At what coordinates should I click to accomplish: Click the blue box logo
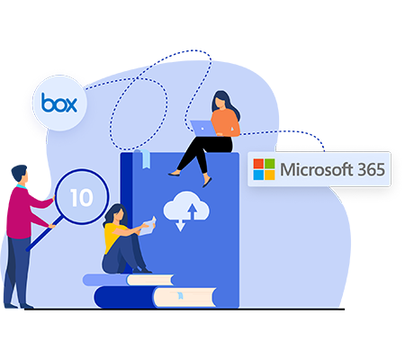coord(59,103)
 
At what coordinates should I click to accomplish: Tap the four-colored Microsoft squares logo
coord(264,169)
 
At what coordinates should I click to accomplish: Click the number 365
coord(371,169)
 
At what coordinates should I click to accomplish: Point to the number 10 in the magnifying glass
coord(82,198)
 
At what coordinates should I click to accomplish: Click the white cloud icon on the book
coord(186,207)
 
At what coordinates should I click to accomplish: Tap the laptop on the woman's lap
coord(203,128)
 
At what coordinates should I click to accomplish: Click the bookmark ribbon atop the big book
coord(146,158)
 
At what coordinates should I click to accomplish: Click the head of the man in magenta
coord(20,174)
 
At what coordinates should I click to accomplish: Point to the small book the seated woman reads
coord(148,226)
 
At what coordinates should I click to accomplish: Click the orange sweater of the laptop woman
coord(225,122)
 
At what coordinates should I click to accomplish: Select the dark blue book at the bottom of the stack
coord(156,297)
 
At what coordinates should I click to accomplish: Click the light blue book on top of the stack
coord(129,280)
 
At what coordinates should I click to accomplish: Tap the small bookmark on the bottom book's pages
coord(180,295)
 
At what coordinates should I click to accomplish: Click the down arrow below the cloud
coord(180,225)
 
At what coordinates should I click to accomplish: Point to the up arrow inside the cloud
coord(193,211)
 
